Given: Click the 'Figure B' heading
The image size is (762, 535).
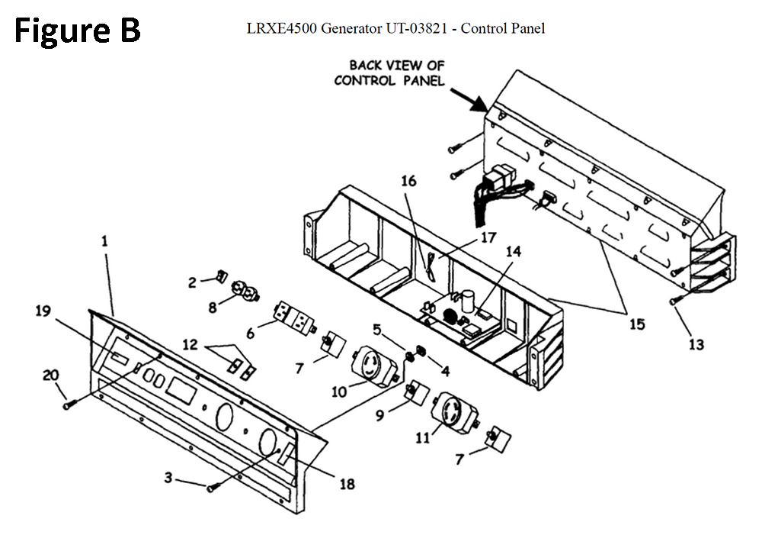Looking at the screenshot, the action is pos(77,31).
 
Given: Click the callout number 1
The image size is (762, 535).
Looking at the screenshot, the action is pos(104,241).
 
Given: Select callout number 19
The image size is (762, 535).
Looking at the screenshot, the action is pos(43,311).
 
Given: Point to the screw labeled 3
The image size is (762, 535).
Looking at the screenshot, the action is pos(212,487).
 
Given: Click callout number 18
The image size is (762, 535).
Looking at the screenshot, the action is pos(347,484).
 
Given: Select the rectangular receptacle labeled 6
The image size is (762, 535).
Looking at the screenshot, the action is pos(294,317).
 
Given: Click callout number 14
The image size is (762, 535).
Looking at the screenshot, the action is pos(513,251).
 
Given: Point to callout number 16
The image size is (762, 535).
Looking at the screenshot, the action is pos(408,181).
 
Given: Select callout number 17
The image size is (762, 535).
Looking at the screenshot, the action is pos(488,237).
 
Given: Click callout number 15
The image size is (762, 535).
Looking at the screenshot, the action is pos(637,324).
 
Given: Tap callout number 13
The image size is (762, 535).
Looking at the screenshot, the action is pos(696,344).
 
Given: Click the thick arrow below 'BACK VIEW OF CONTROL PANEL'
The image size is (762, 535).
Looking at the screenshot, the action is pos(469,100).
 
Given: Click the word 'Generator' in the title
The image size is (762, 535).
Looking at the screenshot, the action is pos(351,28).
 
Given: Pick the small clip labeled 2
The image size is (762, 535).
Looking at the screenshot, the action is pos(221,276).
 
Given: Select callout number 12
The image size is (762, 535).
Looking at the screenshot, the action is pos(190,345).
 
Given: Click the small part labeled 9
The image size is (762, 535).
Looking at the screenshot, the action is pos(416,392).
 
